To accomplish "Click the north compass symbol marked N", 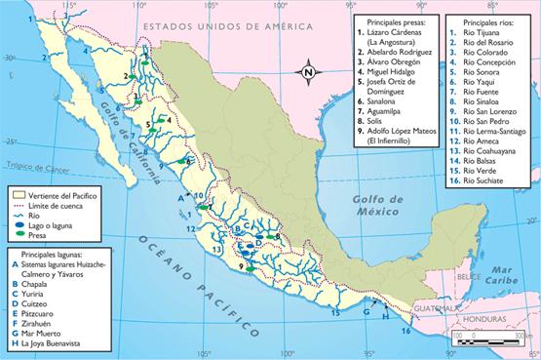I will click(x=307, y=70).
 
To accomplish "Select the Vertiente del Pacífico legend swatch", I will click(x=17, y=195).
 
